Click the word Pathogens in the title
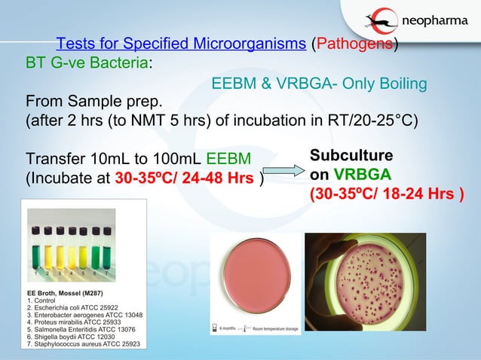coord(351,44)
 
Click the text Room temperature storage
coord(275,330)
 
